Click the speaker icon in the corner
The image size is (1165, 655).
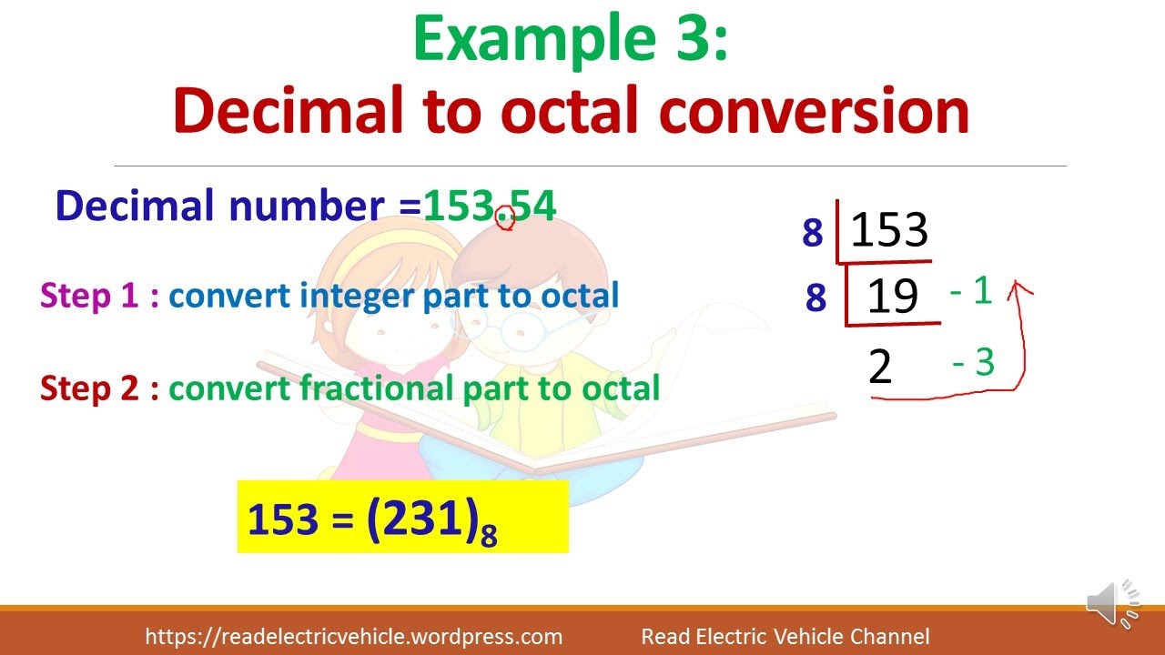[x=1112, y=602]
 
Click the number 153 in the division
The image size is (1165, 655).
[x=888, y=230]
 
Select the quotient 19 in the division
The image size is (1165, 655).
[x=893, y=297]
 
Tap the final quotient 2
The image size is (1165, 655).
[x=880, y=367]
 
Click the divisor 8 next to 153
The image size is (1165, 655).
[x=813, y=234]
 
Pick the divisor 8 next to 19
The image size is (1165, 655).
[x=815, y=297]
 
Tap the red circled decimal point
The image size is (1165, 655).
[x=505, y=217]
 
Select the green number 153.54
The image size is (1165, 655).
[x=490, y=207]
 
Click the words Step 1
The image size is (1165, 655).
[x=88, y=296]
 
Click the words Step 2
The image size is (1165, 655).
[x=88, y=388]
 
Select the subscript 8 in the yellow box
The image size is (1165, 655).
[x=489, y=537]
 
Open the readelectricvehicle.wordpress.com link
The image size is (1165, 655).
[x=353, y=637]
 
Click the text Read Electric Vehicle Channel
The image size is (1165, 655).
[x=785, y=637]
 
